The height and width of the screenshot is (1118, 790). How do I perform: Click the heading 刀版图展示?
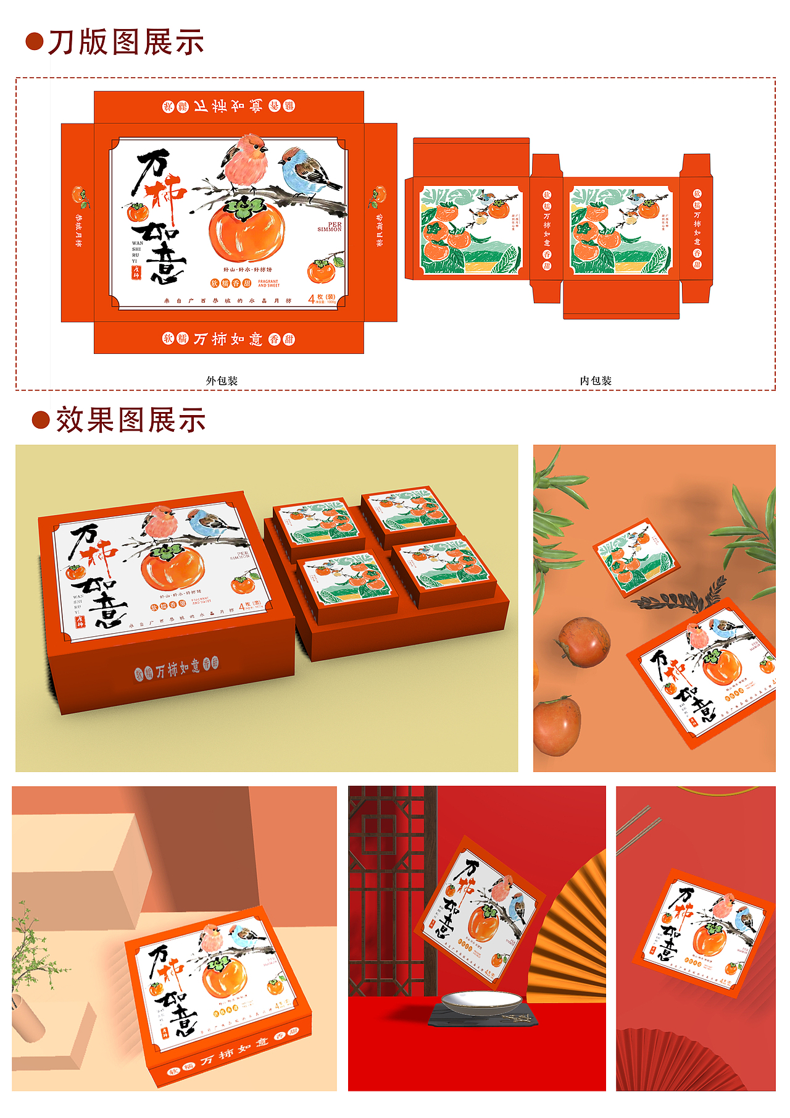126,42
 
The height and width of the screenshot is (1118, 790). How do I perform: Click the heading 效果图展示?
130,420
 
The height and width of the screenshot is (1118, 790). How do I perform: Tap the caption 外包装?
222,380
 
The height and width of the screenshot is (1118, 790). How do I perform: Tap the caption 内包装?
596,380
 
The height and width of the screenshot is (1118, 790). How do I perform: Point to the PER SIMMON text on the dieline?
330,227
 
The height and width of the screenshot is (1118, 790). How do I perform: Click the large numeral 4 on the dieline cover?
311,300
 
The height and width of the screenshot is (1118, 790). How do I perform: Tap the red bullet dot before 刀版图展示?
35,42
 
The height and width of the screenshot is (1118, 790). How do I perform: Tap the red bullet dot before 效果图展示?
41,420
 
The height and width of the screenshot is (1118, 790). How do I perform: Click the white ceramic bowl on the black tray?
481,1002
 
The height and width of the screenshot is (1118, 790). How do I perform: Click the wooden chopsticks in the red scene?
638,828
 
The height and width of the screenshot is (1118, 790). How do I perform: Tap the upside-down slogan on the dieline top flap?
229,106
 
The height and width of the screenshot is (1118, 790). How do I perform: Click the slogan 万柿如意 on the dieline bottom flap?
229,339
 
